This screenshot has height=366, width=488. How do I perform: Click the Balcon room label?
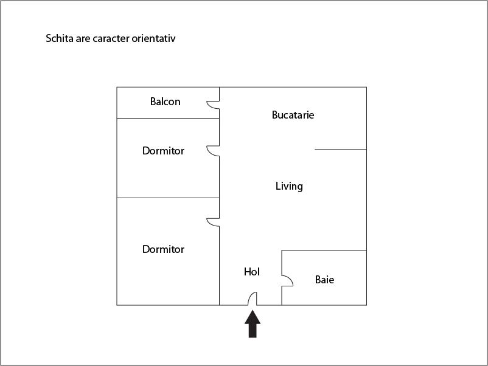click(166, 102)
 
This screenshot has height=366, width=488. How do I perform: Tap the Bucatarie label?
click(293, 115)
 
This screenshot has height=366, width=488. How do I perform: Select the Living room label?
click(289, 186)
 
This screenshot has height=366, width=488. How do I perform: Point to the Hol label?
click(252, 272)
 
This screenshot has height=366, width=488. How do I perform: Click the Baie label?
click(324, 280)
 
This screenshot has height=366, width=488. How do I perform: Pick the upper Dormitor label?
click(164, 151)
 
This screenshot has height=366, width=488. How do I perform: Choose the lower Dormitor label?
click(164, 249)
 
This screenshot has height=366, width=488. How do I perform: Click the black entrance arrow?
click(253, 323)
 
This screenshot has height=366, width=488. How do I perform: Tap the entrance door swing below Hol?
click(253, 299)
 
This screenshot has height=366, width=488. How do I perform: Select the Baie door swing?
click(287, 281)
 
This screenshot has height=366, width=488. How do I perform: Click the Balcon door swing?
click(213, 105)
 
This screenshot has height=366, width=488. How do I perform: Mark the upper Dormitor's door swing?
click(213, 151)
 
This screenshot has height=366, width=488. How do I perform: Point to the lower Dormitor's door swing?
click(213, 223)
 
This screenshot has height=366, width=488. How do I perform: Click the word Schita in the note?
click(60, 38)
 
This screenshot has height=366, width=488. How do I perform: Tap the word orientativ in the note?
click(153, 38)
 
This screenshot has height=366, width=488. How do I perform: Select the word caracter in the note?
click(111, 38)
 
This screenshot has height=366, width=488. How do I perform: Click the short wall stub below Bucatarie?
click(341, 150)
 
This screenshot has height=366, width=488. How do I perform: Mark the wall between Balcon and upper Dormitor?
click(168, 118)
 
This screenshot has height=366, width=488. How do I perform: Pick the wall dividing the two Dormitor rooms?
click(168, 198)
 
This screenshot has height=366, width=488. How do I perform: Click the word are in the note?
click(83, 39)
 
